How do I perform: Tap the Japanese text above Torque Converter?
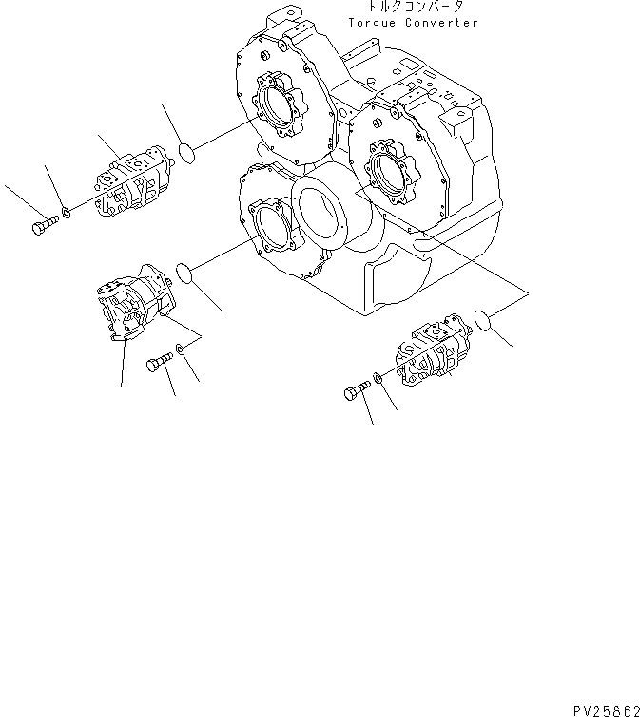[x=409, y=8]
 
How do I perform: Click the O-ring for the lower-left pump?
[x=184, y=274]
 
